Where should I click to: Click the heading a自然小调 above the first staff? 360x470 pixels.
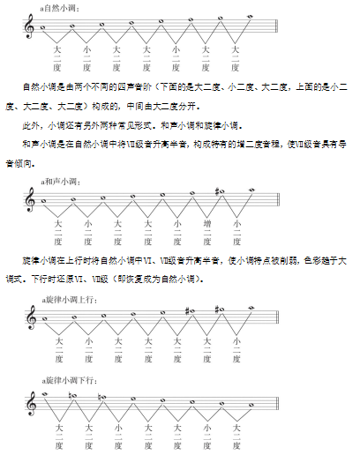tap(60, 7)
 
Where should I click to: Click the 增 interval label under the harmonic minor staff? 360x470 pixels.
tap(206, 223)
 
